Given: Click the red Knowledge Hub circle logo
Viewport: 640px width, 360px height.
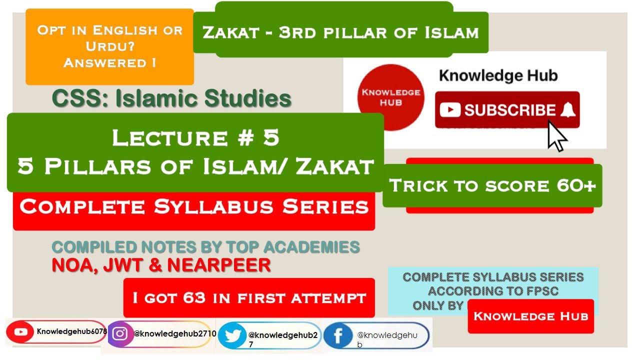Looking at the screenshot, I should [x=391, y=97].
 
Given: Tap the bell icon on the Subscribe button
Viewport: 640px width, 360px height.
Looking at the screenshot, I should [x=567, y=110].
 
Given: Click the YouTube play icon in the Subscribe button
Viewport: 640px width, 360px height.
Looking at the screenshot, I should [x=450, y=110].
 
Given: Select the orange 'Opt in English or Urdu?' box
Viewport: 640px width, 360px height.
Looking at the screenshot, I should [x=109, y=46].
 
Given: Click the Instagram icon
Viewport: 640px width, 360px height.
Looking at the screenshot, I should [x=120, y=334].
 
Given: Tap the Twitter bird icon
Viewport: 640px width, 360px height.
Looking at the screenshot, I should [x=232, y=335].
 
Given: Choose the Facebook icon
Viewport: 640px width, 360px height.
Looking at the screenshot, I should [x=338, y=336].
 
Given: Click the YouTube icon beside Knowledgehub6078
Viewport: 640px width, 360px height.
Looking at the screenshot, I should [x=21, y=331].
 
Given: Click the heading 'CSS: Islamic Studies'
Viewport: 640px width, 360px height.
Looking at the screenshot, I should [x=171, y=98].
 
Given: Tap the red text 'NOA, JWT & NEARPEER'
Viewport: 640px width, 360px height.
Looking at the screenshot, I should [x=161, y=265].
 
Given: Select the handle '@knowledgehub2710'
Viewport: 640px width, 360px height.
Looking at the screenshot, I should [x=174, y=333].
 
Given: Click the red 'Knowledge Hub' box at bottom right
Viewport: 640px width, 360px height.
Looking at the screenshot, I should [x=530, y=316].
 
